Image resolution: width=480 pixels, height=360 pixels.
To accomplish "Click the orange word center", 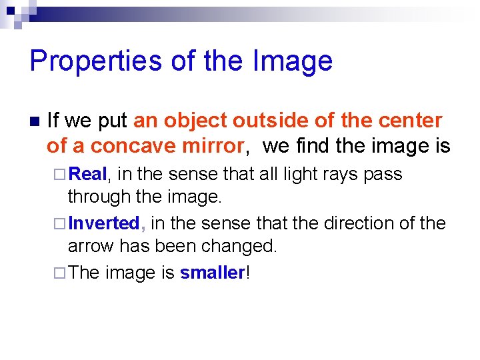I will (x=409, y=121).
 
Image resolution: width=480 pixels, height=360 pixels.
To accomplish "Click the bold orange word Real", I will (x=88, y=174).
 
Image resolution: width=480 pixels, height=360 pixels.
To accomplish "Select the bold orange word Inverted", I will (x=103, y=223).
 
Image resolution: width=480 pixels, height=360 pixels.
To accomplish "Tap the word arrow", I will (x=91, y=246).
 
